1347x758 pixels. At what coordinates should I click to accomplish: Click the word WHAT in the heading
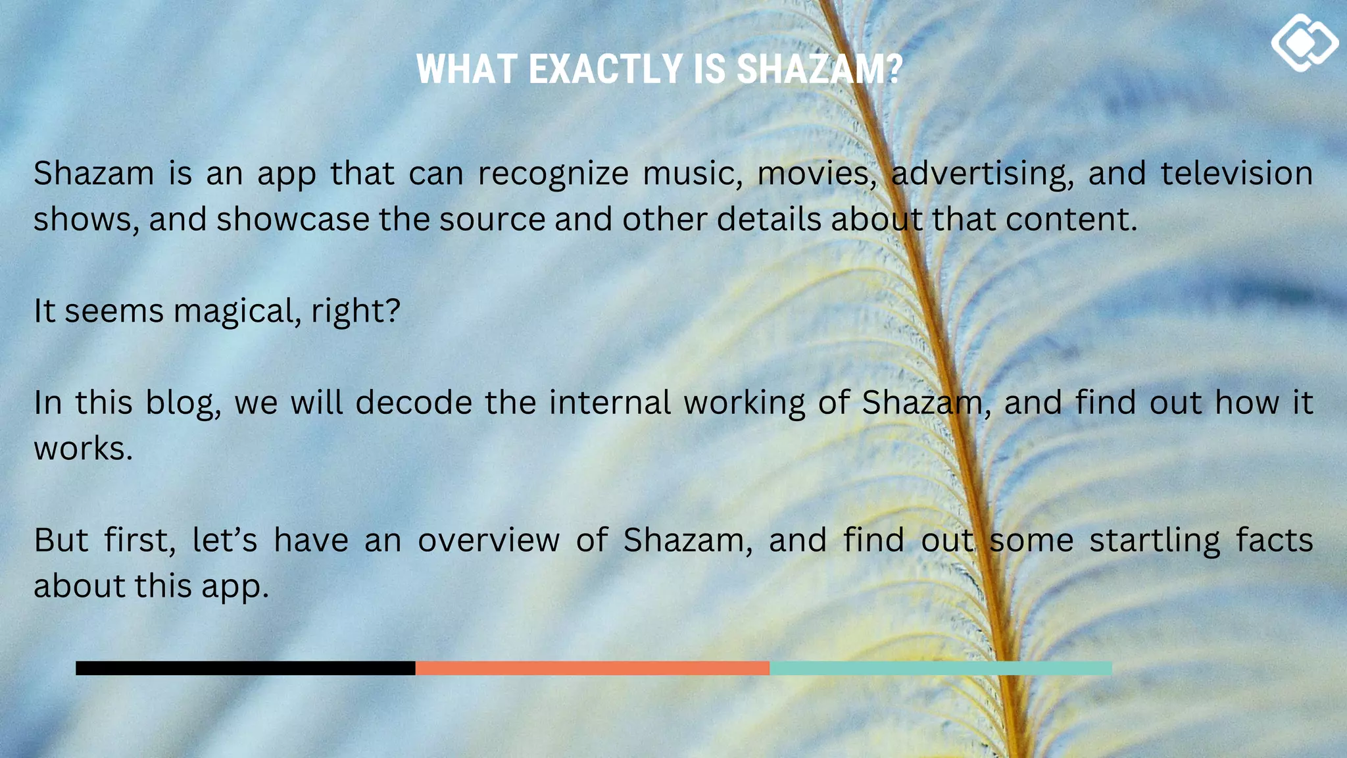click(467, 69)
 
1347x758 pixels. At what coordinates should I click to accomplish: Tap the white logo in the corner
click(1304, 43)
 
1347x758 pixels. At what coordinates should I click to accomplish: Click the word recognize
click(553, 174)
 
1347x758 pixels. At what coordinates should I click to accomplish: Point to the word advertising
click(982, 174)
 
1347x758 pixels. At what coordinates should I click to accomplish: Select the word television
click(1237, 173)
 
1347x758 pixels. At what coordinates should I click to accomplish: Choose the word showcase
click(293, 219)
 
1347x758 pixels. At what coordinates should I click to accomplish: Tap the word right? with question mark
click(356, 311)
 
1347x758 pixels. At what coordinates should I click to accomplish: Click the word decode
click(414, 403)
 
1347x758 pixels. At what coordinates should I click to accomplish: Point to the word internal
click(610, 403)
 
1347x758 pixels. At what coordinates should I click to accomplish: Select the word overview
click(489, 540)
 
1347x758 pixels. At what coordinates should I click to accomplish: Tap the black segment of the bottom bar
click(245, 669)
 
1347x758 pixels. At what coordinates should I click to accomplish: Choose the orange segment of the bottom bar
click(592, 669)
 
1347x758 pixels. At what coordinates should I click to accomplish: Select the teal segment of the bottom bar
click(941, 669)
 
